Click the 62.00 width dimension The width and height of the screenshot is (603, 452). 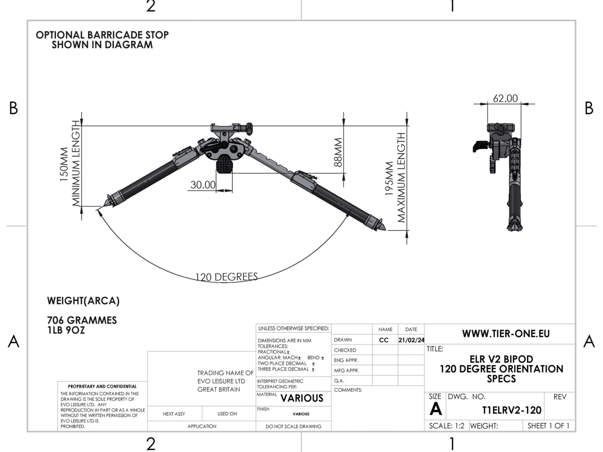click(x=505, y=98)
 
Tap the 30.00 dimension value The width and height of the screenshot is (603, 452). click(x=203, y=185)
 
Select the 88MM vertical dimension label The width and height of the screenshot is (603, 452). click(x=338, y=152)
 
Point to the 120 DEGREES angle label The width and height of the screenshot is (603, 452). click(x=227, y=277)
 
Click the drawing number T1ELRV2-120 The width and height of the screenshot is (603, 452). click(x=511, y=410)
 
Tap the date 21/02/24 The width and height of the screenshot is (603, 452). click(x=411, y=340)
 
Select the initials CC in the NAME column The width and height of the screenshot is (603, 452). click(x=384, y=340)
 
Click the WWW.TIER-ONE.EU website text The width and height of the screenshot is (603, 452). click(x=506, y=334)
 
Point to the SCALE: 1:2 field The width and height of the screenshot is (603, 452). click(x=447, y=426)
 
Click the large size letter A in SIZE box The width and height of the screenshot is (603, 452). click(x=435, y=409)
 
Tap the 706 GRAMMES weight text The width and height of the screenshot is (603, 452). click(x=82, y=320)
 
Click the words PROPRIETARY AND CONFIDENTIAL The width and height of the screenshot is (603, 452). click(x=102, y=386)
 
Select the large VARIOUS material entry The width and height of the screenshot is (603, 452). click(x=302, y=398)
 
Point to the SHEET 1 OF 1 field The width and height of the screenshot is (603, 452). click(x=548, y=426)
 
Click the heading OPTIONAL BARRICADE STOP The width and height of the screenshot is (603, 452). click(x=102, y=35)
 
